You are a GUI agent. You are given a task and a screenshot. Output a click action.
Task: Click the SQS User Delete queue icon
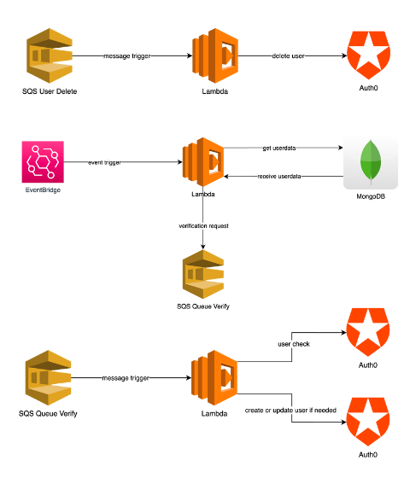click(50, 55)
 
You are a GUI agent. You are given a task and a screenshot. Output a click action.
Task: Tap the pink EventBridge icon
click(43, 161)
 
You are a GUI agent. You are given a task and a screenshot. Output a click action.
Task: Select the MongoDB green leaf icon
click(371, 162)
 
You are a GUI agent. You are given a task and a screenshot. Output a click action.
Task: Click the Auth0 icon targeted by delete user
click(368, 55)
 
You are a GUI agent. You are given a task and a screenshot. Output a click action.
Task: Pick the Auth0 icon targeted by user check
click(368, 332)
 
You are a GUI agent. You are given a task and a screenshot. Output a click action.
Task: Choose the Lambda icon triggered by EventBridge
click(203, 162)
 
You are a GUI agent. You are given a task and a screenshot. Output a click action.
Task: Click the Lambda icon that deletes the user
click(215, 55)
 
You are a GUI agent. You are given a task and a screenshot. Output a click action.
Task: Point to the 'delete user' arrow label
click(289, 56)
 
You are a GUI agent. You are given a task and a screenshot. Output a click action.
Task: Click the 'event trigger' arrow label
click(104, 162)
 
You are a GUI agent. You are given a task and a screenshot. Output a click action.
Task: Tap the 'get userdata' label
click(279, 149)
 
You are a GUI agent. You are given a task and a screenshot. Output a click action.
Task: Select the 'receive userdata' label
click(279, 176)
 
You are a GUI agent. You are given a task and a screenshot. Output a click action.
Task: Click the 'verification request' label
click(203, 226)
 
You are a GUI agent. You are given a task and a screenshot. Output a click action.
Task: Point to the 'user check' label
click(294, 344)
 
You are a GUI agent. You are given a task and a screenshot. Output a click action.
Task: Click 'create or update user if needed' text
click(290, 411)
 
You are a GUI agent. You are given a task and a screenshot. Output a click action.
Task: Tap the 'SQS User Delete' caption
click(50, 91)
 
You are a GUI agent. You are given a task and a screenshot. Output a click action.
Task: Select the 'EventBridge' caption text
click(43, 189)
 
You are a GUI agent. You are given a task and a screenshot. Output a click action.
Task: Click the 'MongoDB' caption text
click(371, 196)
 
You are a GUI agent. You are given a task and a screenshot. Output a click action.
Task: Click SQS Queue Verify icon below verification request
click(203, 274)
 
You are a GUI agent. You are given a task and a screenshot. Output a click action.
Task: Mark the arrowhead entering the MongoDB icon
click(341, 148)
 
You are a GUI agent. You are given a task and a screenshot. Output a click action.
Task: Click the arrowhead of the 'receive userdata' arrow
click(226, 176)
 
